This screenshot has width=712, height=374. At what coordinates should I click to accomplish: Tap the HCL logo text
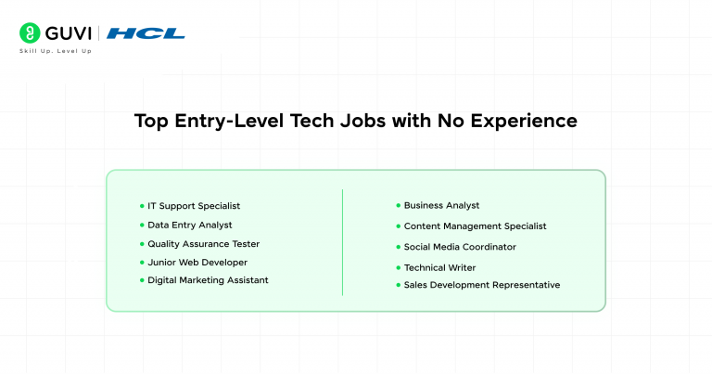tap(146, 33)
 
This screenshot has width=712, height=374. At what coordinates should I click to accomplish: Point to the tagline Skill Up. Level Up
tap(56, 51)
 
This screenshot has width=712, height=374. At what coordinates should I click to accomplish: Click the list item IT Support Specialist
tap(194, 205)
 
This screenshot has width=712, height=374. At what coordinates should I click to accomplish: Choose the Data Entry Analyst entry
tap(189, 225)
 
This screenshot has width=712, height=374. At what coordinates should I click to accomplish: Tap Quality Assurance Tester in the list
tap(203, 243)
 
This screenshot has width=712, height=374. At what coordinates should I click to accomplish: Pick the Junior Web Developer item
tap(197, 262)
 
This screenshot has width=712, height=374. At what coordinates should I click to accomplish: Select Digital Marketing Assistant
tap(208, 279)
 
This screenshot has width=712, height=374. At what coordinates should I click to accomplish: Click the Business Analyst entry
tap(441, 205)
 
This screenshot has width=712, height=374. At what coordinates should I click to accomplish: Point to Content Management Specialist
tap(475, 226)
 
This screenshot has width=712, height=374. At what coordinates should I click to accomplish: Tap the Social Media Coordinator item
tap(460, 247)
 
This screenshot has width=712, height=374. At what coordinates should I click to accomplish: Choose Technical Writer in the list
tap(439, 267)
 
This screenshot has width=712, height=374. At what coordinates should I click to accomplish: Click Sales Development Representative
tap(481, 285)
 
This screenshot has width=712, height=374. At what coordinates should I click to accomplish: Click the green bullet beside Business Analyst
tap(398, 205)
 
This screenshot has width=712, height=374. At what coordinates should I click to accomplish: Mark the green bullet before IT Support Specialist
tap(142, 205)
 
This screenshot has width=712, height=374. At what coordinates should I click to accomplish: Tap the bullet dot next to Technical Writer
tap(398, 267)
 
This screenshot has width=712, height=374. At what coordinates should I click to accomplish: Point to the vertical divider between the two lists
tap(343, 242)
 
